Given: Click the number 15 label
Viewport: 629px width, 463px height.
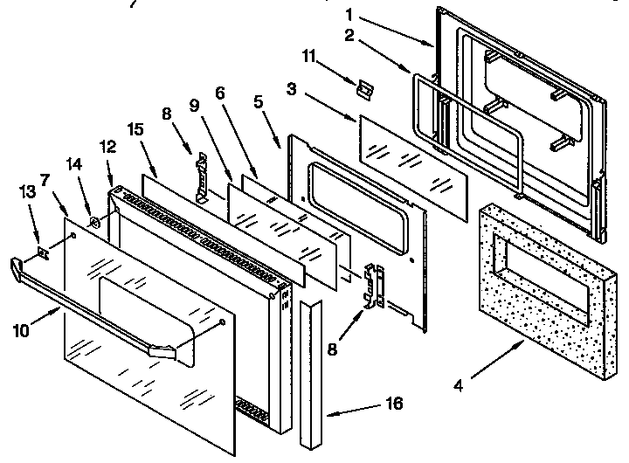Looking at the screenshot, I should tap(135, 128).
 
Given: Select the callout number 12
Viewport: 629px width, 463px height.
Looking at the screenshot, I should tap(107, 149).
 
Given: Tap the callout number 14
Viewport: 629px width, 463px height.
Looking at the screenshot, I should tap(73, 163).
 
